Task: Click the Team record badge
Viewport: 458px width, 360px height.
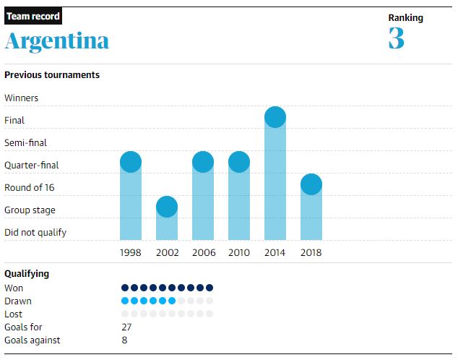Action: [x=33, y=16]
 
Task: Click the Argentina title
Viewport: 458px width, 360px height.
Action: [x=57, y=41]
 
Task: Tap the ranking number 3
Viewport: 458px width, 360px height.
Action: [x=396, y=38]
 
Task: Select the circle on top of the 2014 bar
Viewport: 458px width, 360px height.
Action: [x=275, y=116]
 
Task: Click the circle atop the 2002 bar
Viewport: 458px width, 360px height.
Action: [x=167, y=207]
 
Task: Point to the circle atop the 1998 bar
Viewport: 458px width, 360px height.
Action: [x=131, y=162]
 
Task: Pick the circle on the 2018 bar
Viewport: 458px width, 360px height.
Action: [x=311, y=184]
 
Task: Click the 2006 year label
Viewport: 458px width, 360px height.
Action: [x=203, y=252]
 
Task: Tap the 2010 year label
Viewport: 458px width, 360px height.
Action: [x=239, y=252]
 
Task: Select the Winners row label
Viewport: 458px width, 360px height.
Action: [x=22, y=98]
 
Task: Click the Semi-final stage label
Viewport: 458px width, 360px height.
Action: [x=25, y=142]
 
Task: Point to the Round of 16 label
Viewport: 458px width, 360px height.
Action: [x=30, y=187]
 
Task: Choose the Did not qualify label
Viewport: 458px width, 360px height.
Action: [x=35, y=232]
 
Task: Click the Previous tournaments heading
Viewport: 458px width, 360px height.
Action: [x=52, y=74]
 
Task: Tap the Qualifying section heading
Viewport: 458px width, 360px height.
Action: [x=27, y=274]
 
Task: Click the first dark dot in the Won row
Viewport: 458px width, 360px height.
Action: [x=125, y=288]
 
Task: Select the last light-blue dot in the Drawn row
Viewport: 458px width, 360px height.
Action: [x=172, y=301]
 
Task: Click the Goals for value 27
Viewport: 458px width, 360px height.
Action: [x=126, y=327]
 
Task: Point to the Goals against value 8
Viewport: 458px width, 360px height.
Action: [x=124, y=340]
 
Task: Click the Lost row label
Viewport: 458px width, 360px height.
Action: [x=14, y=314]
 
